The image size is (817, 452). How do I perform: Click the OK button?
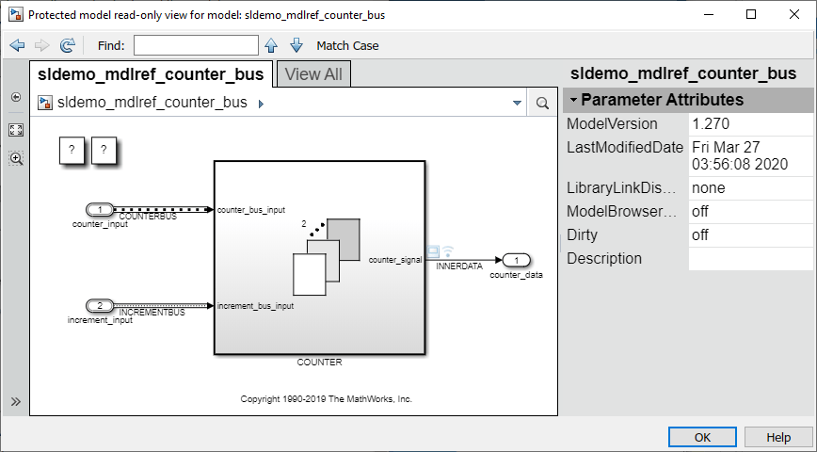[702, 437]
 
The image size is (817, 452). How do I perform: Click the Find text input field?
[196, 45]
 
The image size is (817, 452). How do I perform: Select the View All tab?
[313, 74]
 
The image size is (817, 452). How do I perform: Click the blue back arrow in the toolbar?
[17, 45]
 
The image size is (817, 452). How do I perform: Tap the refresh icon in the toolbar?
[67, 45]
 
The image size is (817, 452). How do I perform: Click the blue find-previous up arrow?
[271, 45]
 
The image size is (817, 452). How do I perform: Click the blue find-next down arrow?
[296, 45]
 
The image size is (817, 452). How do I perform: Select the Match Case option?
[347, 46]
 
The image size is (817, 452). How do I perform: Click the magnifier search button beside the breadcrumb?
[542, 103]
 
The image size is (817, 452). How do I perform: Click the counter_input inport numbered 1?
[100, 210]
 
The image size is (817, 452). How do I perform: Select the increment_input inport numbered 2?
[100, 305]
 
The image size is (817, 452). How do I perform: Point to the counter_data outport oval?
[517, 260]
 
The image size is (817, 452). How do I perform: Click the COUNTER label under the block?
[319, 362]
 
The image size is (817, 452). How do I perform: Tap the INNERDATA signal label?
[459, 266]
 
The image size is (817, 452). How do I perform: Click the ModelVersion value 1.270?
[711, 124]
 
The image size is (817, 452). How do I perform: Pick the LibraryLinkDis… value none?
[709, 188]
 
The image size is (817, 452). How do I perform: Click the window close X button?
[794, 14]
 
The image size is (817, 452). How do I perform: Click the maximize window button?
[751, 14]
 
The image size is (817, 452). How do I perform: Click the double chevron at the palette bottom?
[16, 401]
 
